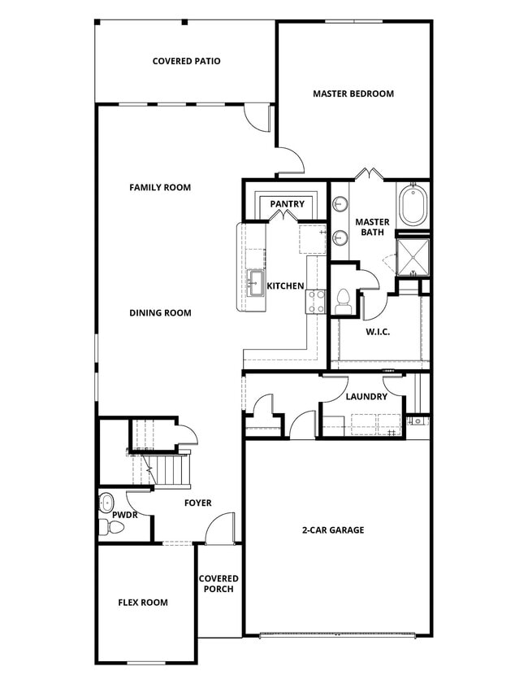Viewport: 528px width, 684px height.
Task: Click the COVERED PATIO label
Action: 186,61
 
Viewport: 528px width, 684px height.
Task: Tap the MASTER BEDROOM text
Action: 353,94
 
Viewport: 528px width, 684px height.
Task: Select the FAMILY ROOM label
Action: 160,187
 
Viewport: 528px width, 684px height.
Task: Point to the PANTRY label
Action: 287,204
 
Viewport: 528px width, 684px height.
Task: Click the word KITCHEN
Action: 285,286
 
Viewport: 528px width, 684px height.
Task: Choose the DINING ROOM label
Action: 160,312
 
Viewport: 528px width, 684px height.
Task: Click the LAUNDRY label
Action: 366,397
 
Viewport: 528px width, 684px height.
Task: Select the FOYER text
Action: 197,503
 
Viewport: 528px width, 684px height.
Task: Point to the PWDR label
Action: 124,515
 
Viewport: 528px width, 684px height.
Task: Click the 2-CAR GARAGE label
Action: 333,530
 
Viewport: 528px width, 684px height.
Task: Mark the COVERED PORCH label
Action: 219,584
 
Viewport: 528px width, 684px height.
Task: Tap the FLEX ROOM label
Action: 143,603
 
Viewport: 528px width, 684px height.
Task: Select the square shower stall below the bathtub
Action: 413,255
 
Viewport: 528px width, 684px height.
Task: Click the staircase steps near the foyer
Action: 171,469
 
